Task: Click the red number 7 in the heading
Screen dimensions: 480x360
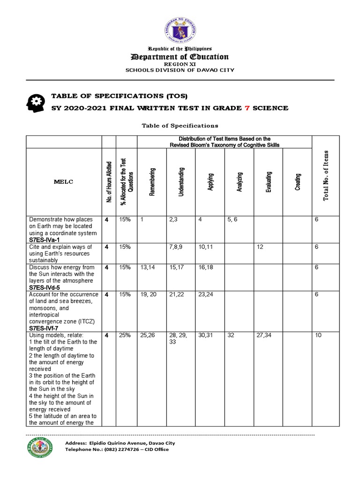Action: click(247, 108)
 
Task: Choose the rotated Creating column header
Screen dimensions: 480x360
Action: click(298, 181)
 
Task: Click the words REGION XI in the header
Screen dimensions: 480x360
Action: click(181, 64)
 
